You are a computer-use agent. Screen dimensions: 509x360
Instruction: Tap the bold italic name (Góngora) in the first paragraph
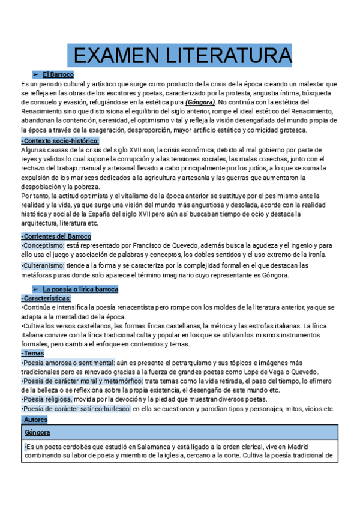tap(201, 102)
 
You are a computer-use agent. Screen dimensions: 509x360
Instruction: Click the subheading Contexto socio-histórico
tap(60, 140)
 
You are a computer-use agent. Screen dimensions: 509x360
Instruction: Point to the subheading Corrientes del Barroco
tap(56, 236)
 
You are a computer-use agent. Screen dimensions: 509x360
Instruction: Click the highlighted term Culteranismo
tap(45, 265)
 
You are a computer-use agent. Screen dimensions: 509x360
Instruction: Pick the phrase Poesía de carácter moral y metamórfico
tap(82, 381)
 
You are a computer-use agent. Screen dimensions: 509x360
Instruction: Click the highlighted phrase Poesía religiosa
tap(47, 399)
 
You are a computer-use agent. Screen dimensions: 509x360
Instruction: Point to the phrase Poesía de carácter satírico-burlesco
tap(76, 409)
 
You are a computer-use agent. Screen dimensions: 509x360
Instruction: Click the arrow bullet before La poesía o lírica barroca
tap(35, 289)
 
